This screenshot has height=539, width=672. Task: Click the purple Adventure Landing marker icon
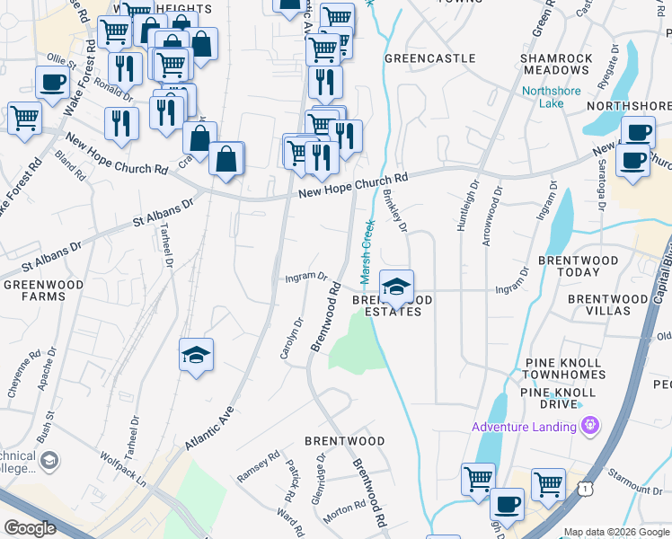pos(590,425)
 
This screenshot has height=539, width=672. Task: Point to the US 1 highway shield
pos(586,488)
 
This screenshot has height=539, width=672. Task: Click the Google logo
pos(30,528)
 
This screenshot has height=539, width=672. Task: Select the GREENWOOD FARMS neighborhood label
pos(34,290)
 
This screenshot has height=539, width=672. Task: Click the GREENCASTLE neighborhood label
pos(429,58)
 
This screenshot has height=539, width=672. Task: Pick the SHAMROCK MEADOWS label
pos(556,64)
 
